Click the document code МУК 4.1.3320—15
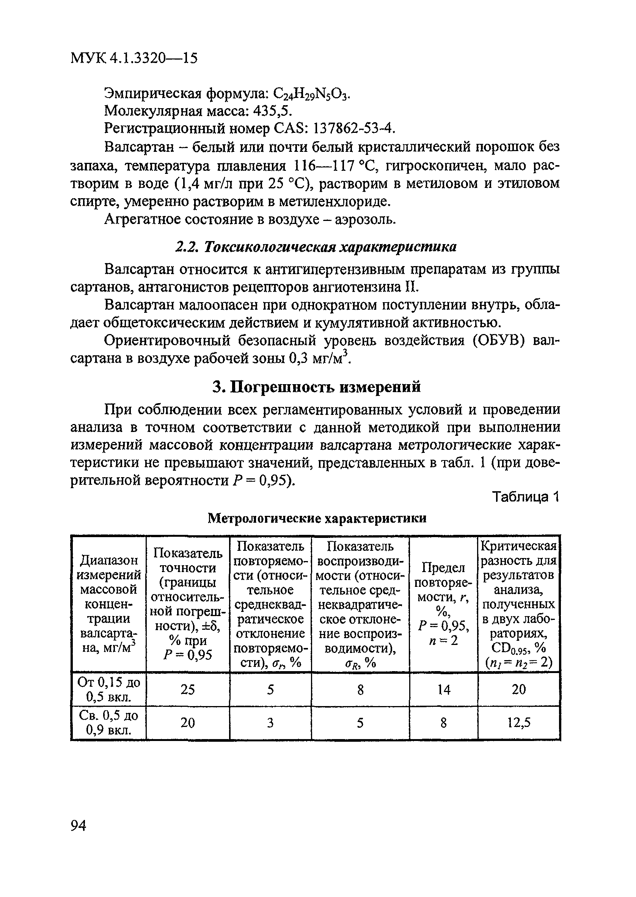click(x=134, y=58)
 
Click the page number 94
click(x=79, y=826)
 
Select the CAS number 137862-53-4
click(x=352, y=128)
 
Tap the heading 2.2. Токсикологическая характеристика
click(x=315, y=247)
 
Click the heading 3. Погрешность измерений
click(x=316, y=386)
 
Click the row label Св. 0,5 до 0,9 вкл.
click(x=108, y=723)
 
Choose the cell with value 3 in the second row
click(x=270, y=723)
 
